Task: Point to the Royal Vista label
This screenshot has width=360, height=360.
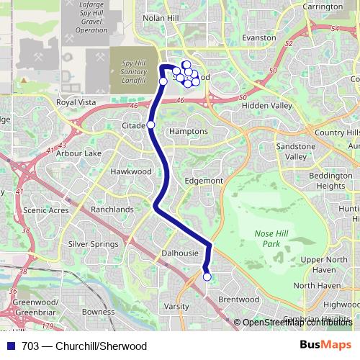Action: [76, 103]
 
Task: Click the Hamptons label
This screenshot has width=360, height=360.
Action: [188, 132]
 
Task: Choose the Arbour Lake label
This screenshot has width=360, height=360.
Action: [78, 153]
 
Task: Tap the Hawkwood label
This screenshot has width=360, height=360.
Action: [131, 172]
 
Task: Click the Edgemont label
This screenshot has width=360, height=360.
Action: [204, 181]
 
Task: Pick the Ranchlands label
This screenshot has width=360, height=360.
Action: [112, 210]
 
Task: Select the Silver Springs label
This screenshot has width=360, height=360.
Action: [93, 244]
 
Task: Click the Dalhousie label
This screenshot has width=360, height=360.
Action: [179, 253]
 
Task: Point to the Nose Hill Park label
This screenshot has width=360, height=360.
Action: [271, 239]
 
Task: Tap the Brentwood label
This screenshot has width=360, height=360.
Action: [238, 299]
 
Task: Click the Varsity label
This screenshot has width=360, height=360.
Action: [176, 306]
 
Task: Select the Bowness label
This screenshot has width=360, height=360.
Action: [99, 312]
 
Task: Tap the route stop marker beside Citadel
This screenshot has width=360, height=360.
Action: [150, 125]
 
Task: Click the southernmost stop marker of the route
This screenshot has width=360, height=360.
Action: [207, 277]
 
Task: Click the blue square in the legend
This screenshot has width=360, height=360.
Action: [10, 346]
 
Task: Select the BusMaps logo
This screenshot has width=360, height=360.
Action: [324, 346]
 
